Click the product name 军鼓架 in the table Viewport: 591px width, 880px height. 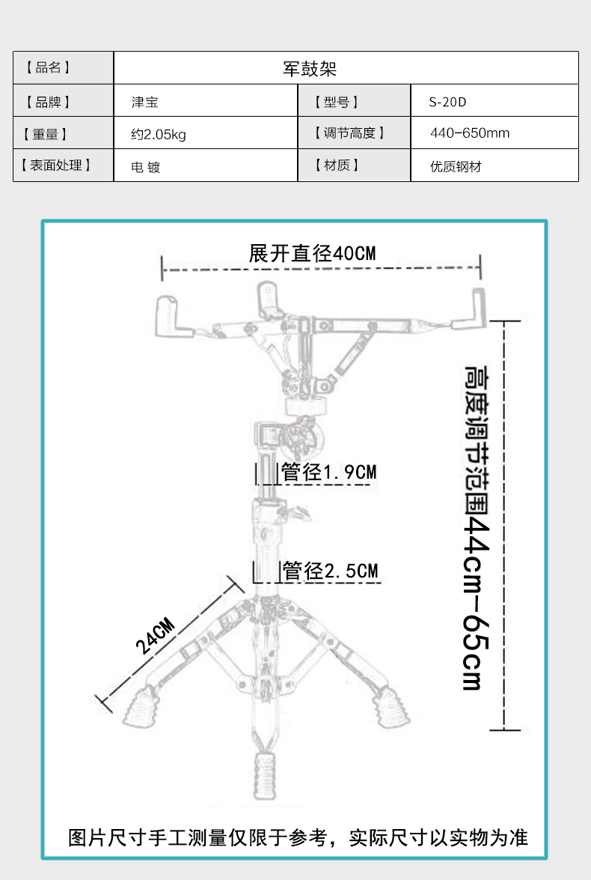click(x=310, y=68)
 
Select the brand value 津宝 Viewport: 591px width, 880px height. click(x=144, y=102)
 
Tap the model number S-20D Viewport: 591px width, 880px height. click(x=447, y=102)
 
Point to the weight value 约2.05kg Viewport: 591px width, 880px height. click(x=158, y=135)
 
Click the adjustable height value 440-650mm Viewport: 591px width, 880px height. click(x=470, y=133)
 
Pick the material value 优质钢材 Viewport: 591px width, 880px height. click(x=456, y=167)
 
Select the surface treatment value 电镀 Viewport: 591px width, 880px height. click(x=146, y=167)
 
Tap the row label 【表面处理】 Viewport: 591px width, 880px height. click(x=55, y=166)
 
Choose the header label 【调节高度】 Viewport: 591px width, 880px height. click(x=349, y=133)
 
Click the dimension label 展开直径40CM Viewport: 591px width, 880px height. click(x=312, y=253)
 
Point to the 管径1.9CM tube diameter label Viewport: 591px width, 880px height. click(x=328, y=472)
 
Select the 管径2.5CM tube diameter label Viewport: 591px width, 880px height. click(x=330, y=571)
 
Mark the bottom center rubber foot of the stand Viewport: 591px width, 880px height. click(x=265, y=775)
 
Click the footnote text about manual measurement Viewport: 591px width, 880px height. click(x=298, y=837)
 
